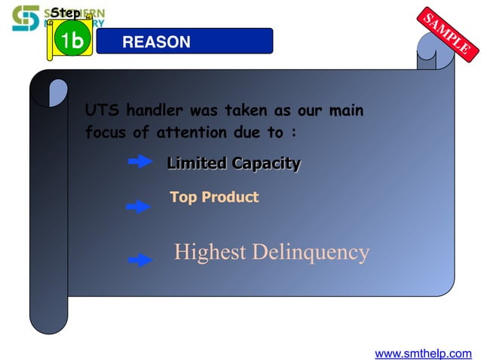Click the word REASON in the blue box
[156, 43]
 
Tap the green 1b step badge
[72, 42]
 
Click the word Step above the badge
[66, 13]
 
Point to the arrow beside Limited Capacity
[141, 161]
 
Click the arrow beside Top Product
[138, 206]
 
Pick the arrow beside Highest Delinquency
[140, 260]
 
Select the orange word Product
[230, 197]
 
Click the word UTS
[101, 111]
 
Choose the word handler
[154, 111]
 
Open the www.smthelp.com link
[423, 352]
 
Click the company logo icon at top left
[25, 18]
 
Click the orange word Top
[183, 197]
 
